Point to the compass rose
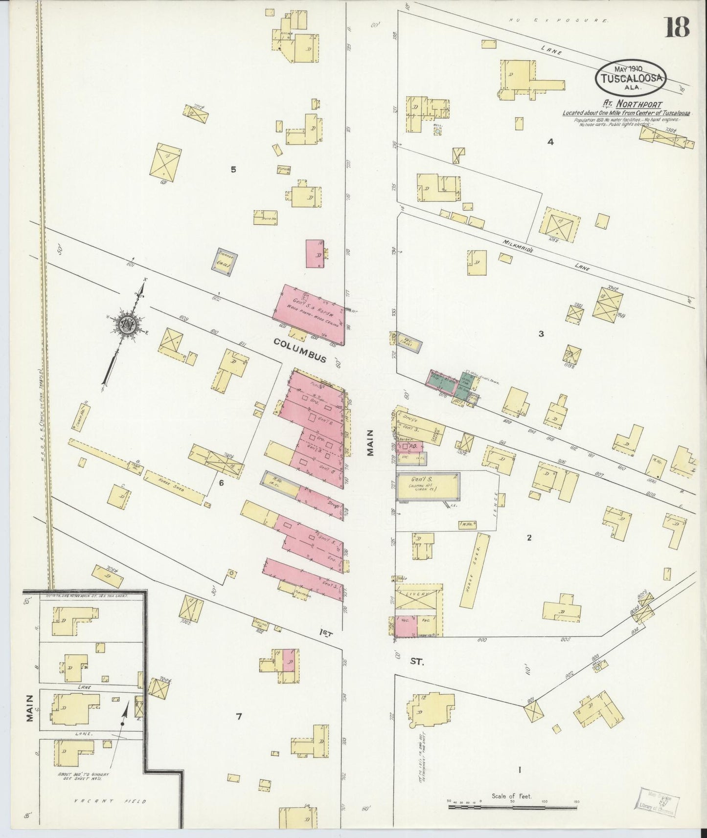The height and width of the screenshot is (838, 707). pyautogui.click(x=127, y=325)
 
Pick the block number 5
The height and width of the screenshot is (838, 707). pyautogui.click(x=233, y=170)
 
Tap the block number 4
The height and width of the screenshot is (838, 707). pyautogui.click(x=550, y=142)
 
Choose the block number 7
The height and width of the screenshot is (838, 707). pyautogui.click(x=239, y=717)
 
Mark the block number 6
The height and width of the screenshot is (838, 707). pyautogui.click(x=221, y=483)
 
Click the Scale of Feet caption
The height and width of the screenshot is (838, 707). pyautogui.click(x=512, y=796)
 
